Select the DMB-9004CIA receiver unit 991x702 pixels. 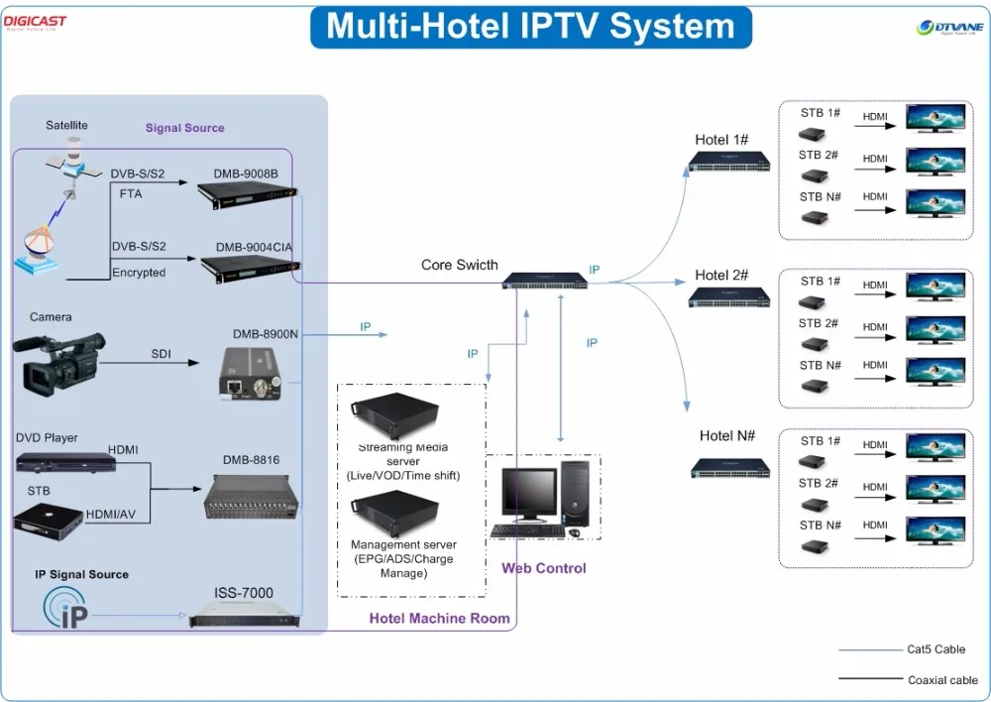[251, 266]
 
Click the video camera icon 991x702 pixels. [58, 357]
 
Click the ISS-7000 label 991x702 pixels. [243, 593]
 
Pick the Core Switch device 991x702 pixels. [544, 280]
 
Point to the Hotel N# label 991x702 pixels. [727, 436]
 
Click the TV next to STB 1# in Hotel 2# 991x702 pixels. [936, 286]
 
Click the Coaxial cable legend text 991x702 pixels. [942, 680]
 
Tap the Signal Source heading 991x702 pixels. [184, 128]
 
